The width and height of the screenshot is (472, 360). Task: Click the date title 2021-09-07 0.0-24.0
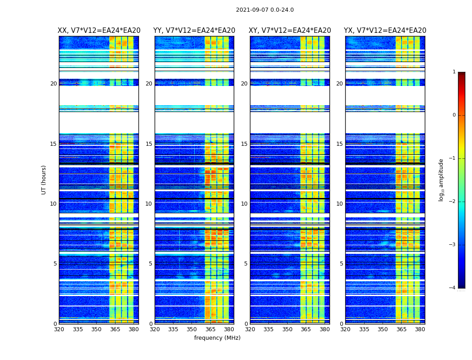[265, 10]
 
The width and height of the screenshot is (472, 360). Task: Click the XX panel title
[99, 31]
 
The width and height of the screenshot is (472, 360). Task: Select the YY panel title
[194, 31]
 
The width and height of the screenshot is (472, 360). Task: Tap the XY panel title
[290, 31]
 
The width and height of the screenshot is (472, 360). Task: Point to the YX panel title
[385, 31]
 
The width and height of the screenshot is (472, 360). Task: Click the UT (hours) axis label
[44, 180]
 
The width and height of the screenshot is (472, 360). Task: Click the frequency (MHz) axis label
[217, 338]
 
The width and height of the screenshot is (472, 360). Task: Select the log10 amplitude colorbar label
[441, 180]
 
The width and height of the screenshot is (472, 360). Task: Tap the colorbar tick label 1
[454, 72]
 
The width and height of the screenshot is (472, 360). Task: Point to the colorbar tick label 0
[454, 115]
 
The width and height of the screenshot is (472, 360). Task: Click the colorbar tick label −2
[453, 202]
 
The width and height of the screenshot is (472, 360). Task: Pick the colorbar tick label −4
[453, 288]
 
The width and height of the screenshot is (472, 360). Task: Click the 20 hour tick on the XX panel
[53, 84]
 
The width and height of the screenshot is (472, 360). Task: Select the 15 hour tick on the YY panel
[149, 144]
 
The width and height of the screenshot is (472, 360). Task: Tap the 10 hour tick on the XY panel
[244, 204]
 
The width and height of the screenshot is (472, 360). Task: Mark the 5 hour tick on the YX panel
[341, 264]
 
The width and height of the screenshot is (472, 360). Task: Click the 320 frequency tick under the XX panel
[59, 329]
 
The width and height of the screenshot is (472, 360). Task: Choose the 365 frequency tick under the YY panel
[210, 329]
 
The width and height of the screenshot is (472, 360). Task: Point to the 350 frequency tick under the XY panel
[287, 329]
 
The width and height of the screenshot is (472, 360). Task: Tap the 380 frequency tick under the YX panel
[420, 329]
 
